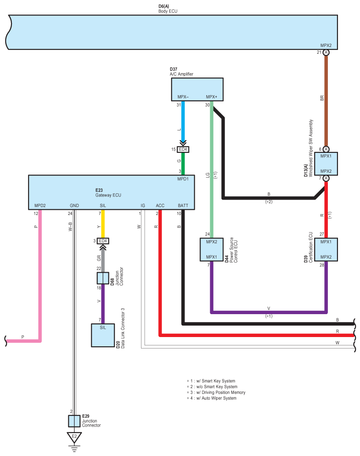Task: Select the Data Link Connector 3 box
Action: coord(103,336)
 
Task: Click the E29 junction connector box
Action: coord(74,421)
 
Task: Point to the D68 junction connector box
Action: coord(103,278)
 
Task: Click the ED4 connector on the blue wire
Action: coord(183,149)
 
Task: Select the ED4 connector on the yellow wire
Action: coord(103,241)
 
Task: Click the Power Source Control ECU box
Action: coord(212,250)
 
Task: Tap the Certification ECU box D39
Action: coord(326,250)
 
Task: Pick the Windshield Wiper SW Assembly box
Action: coord(326,163)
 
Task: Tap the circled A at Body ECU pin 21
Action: coord(326,52)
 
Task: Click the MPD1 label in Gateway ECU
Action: coord(183,179)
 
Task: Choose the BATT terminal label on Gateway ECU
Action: coord(183,206)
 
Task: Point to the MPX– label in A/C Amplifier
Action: coord(183,97)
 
